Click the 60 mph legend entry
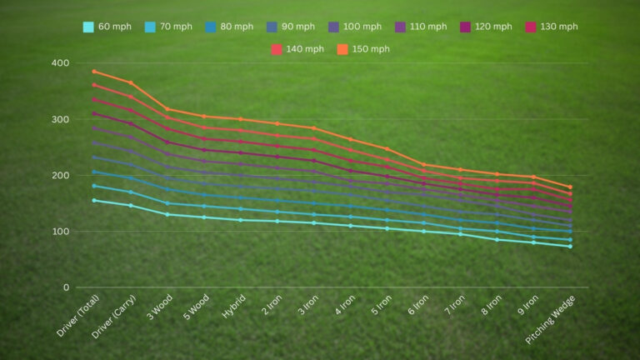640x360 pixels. click(107, 27)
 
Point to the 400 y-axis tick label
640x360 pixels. click(59, 63)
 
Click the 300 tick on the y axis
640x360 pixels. click(59, 119)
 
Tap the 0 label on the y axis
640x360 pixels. click(66, 287)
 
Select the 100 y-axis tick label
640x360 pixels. click(59, 232)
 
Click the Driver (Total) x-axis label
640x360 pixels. click(77, 317)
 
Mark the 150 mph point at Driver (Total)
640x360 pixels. click(94, 72)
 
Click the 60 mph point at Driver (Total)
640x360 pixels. click(94, 201)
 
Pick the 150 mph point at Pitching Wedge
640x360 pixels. click(570, 187)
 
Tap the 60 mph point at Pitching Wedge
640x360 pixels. click(570, 246)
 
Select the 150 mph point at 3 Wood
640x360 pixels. click(167, 109)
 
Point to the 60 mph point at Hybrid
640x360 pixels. click(241, 220)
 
